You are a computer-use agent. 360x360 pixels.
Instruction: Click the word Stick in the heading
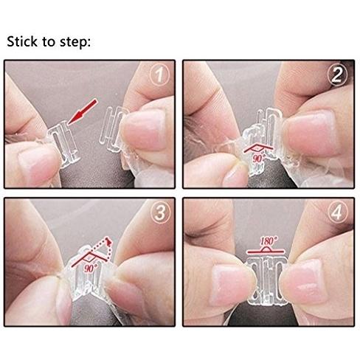coord(23,41)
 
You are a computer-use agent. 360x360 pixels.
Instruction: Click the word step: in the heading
coord(75,42)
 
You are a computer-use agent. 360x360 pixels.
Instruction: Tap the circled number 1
coord(160,75)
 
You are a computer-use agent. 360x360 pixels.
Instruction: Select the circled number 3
coord(160,213)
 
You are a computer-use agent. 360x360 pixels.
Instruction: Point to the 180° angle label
coord(268,240)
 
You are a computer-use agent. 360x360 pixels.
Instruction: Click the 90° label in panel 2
coord(258,158)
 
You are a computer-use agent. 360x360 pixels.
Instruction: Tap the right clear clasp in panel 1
coord(114,129)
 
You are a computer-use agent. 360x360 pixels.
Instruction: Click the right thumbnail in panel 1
coord(143,131)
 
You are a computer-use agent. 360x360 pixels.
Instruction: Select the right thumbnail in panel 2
coord(311,133)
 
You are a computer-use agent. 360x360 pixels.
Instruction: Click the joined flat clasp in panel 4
coord(267,280)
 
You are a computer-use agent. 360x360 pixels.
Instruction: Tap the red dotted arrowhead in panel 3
coord(108,241)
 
